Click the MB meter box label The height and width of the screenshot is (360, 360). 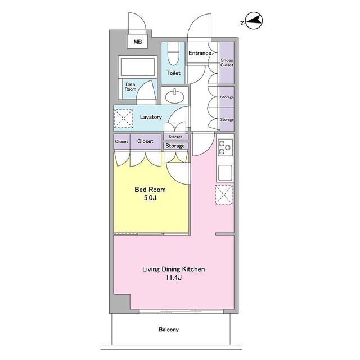[137, 42]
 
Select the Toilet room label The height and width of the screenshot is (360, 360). [173, 73]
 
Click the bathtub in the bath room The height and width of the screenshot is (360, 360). [138, 67]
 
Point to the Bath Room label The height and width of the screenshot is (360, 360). [130, 87]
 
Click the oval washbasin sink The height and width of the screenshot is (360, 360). [174, 97]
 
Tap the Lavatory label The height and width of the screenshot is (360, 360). [151, 117]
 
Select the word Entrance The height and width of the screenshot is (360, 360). [200, 53]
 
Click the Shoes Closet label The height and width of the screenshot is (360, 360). [227, 62]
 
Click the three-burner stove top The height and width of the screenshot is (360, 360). [225, 147]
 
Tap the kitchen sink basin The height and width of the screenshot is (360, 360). [225, 173]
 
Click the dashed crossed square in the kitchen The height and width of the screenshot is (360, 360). [224, 195]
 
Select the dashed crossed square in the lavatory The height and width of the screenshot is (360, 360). [124, 118]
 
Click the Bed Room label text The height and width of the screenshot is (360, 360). [150, 190]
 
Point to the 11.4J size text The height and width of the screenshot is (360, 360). [174, 277]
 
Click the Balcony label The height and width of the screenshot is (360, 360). [169, 330]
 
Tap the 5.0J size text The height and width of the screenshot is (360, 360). [150, 197]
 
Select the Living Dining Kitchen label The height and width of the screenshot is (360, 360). [174, 269]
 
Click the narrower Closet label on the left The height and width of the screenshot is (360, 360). [121, 141]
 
